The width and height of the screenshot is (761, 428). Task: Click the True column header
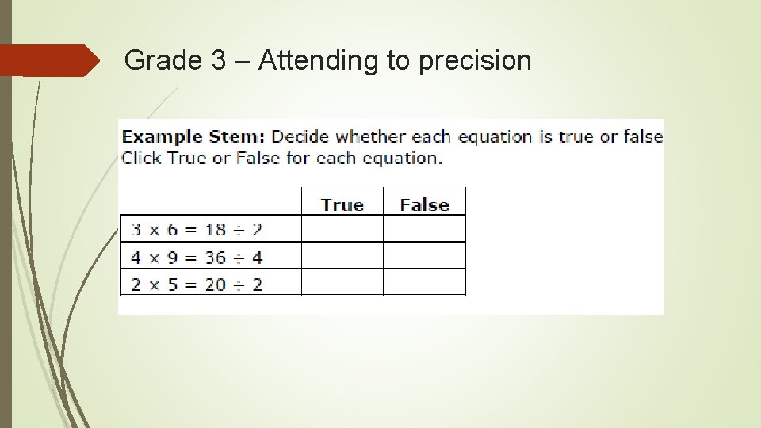(x=342, y=204)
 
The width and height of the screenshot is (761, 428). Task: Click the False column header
(x=424, y=204)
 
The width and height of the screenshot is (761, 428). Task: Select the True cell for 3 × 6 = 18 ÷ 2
(x=342, y=229)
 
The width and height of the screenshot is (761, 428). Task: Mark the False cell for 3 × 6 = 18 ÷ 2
(x=424, y=229)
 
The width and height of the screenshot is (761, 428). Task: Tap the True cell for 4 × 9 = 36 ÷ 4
(x=342, y=256)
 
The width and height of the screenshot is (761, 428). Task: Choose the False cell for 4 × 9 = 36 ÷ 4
(x=424, y=256)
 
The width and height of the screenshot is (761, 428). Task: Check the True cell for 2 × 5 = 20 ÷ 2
(x=342, y=282)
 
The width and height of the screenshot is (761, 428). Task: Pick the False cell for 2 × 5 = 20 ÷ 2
(x=424, y=282)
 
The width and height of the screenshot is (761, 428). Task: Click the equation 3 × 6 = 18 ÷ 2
(x=196, y=230)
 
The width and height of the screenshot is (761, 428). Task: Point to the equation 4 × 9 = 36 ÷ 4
(x=196, y=257)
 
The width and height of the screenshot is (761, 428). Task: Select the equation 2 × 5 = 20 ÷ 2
(x=196, y=283)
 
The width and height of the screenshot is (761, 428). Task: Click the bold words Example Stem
(x=193, y=136)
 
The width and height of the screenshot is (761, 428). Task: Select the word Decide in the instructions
(x=299, y=136)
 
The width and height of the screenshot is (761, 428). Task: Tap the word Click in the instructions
(x=142, y=158)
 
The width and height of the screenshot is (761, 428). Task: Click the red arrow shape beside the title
(x=48, y=60)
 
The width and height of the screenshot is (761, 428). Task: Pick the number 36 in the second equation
(x=215, y=257)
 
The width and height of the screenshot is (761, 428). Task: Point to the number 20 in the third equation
(x=215, y=283)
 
